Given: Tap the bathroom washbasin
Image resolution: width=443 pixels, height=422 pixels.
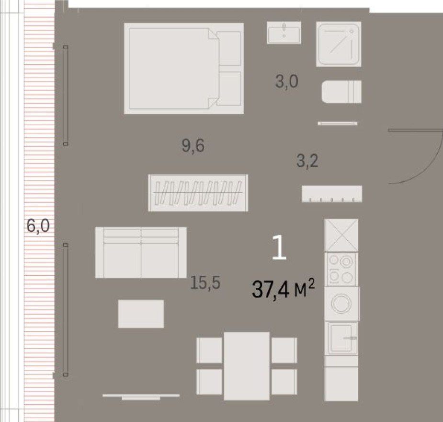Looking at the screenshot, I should tap(284, 33).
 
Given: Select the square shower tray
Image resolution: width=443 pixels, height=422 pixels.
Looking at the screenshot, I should tap(339, 44).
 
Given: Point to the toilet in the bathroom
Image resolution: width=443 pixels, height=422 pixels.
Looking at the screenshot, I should tap(341, 92).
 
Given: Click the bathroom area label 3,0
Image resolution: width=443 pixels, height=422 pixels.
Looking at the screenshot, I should tap(287, 82).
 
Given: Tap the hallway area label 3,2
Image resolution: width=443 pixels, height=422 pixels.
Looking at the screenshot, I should tap(307, 161).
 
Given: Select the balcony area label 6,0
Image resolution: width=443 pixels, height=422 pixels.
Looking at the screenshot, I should tap(38, 225).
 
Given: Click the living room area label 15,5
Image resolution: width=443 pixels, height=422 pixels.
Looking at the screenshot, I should tap(204, 283).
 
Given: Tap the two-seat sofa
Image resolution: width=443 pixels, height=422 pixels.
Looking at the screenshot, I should tap(141, 253).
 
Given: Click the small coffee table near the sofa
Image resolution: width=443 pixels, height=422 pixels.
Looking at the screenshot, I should tap(141, 314).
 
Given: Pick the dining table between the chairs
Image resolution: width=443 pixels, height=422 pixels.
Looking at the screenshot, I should tap(247, 365).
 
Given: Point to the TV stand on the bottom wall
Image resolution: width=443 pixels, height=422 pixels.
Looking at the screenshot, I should tap(141, 396).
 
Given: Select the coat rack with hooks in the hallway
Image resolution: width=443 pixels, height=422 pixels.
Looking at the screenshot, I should tap(331, 194).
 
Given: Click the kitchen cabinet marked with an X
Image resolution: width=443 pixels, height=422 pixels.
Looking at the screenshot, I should tap(341, 235).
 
